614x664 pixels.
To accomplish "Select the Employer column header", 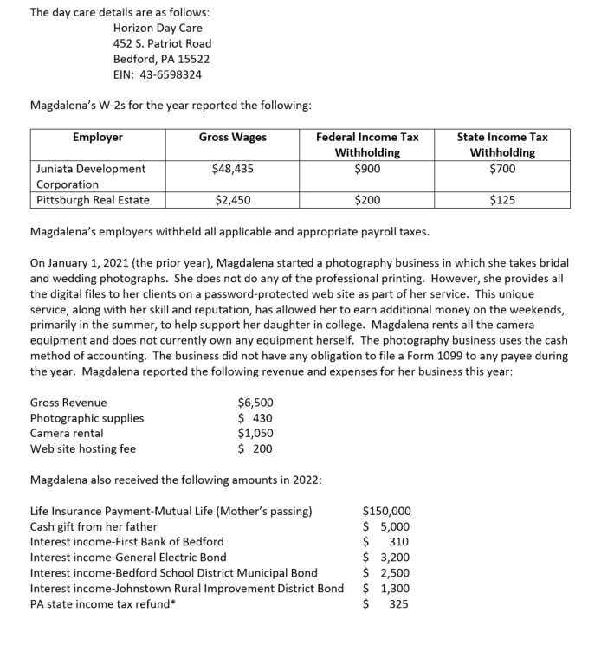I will tap(97, 137).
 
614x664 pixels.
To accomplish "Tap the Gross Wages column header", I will tap(232, 137).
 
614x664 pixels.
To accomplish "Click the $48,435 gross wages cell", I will tap(232, 169).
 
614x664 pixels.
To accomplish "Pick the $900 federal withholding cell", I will tap(366, 169).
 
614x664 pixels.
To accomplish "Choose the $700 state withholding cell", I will tap(501, 169).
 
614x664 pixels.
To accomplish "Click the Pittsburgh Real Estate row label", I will tap(93, 200).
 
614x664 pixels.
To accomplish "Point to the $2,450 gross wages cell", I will tap(232, 200).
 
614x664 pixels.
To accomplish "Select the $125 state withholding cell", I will tap(501, 200).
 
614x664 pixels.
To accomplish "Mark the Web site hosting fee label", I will tap(82, 448).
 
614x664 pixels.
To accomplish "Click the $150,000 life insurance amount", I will tap(386, 511).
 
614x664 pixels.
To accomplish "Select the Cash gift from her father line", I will tap(94, 526).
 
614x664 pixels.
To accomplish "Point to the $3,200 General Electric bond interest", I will tap(386, 558).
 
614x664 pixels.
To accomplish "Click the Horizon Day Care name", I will tap(158, 28).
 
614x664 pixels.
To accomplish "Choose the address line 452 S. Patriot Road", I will tap(162, 43).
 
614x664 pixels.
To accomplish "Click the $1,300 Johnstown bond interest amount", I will tap(386, 589).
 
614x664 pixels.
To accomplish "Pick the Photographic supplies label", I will tap(87, 418).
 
